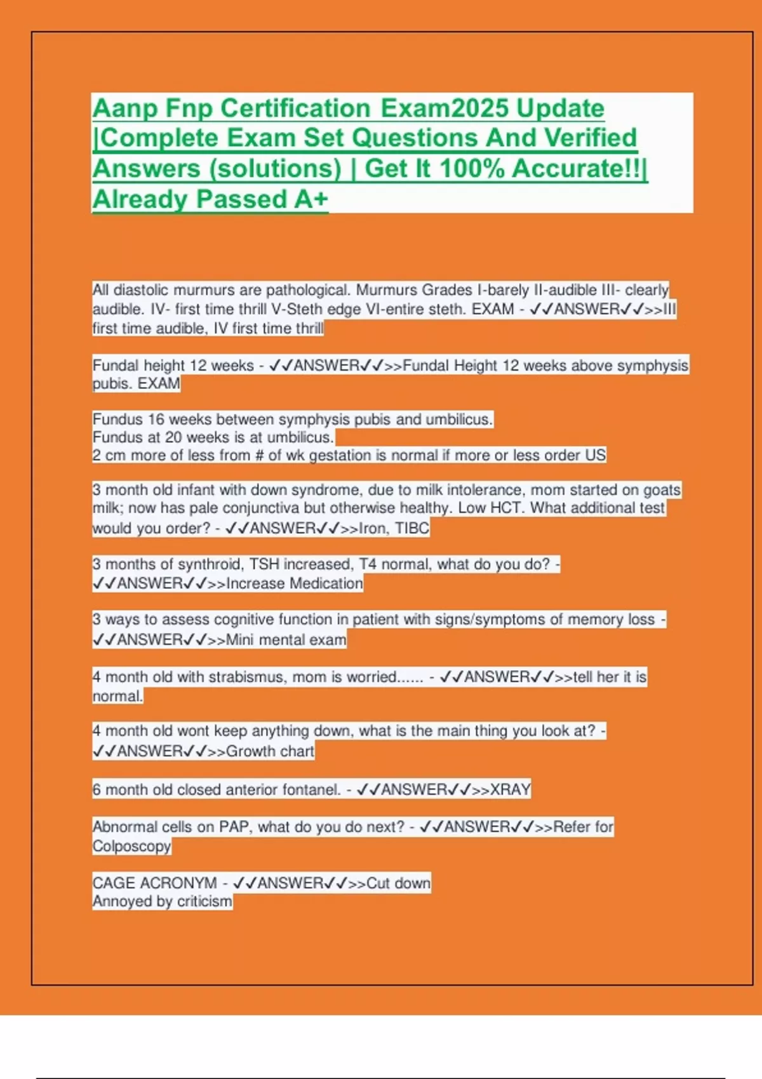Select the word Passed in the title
point(241,199)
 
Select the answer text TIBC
point(412,528)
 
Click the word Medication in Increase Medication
point(326,583)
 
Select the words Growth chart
point(270,751)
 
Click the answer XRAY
point(510,790)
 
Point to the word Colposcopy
point(131,847)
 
